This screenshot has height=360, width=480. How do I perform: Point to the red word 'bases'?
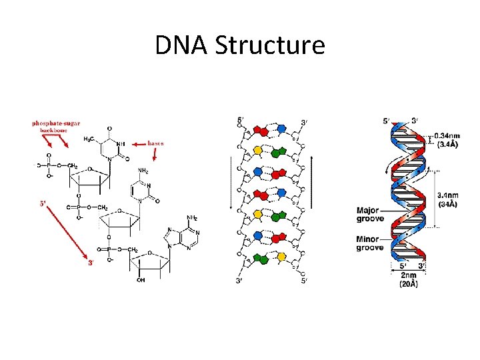click(155, 143)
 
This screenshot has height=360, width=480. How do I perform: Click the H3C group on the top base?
click(88, 139)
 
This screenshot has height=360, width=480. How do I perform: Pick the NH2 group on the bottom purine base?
click(192, 217)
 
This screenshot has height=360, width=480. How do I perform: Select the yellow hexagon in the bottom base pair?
click(281, 257)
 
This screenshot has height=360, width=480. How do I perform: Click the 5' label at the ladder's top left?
click(241, 121)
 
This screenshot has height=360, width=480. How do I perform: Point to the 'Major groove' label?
click(370, 213)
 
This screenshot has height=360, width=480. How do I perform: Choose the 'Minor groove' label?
click(370, 243)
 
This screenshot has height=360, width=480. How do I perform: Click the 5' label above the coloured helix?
click(387, 121)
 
